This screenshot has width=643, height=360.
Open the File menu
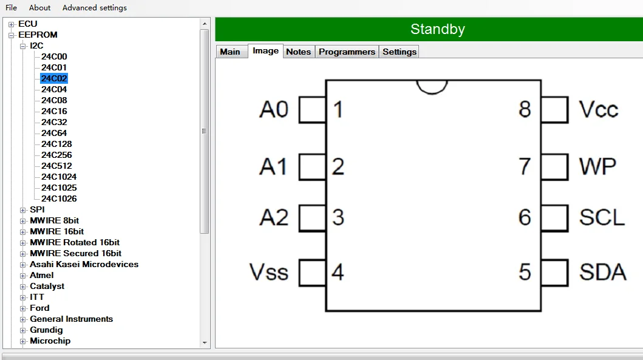11,8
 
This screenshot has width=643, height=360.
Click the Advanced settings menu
95,8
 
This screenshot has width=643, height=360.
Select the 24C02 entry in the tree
54,78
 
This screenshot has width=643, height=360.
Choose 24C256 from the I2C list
56,155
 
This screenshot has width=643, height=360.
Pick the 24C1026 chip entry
59,199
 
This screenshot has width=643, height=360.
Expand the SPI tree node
23,210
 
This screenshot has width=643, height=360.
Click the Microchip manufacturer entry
50,341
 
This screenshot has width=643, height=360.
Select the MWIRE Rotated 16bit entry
75,242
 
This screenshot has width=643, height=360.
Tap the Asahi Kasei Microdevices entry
84,264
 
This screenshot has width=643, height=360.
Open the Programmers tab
347,52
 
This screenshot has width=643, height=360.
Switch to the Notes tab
298,52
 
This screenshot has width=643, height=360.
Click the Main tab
230,52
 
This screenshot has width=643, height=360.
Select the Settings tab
400,52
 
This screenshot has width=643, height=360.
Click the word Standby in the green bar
437,29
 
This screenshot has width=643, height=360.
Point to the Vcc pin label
598,110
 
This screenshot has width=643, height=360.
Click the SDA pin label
602,272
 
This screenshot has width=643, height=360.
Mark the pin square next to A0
312,110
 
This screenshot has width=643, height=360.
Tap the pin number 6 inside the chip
525,217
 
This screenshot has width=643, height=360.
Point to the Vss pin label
269,272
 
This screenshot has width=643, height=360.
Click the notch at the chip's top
432,86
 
